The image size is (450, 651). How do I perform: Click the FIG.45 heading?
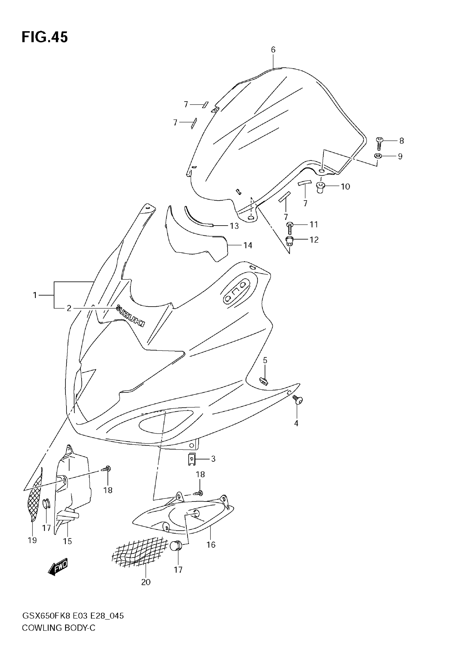tap(44, 37)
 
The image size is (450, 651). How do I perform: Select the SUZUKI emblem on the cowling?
tap(130, 316)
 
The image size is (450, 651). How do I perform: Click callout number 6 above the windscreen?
tap(273, 50)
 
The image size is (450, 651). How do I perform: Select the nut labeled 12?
tap(289, 241)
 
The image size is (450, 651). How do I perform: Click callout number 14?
tap(247, 245)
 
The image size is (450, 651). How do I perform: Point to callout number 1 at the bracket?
tap(35, 295)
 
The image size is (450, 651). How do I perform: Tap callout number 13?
tap(234, 226)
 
